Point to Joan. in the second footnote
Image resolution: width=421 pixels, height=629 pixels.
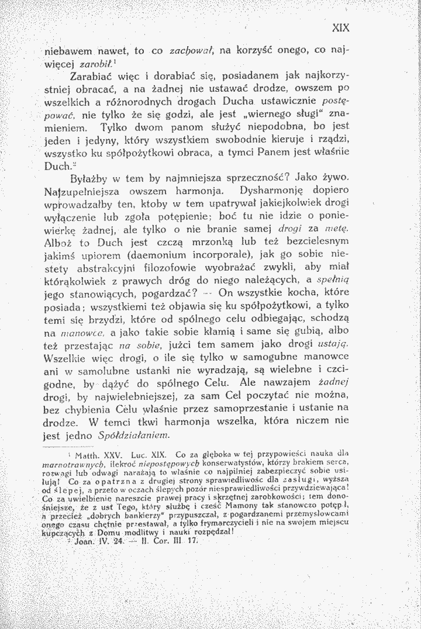(82, 540)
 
